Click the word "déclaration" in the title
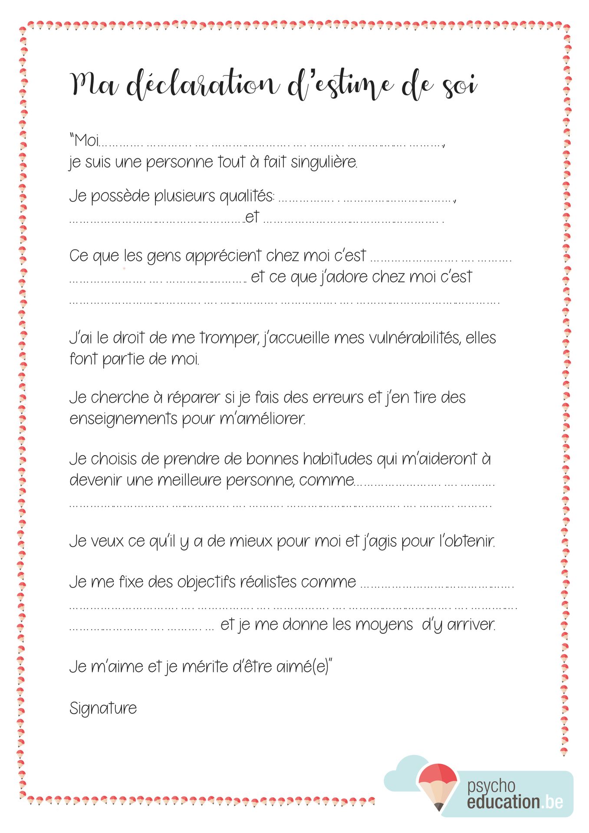point(203,84)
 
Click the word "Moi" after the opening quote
point(86,141)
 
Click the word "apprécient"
point(224,256)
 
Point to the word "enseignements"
point(123,419)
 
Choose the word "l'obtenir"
point(467,541)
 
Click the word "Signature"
point(103,708)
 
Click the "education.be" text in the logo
point(515,802)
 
